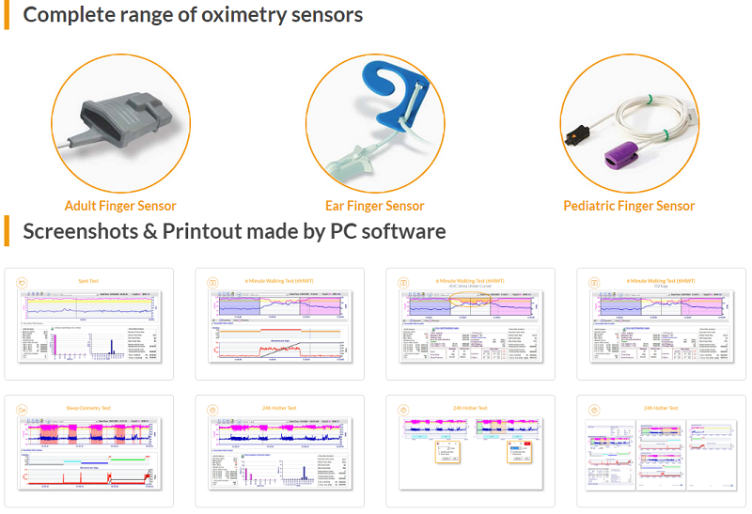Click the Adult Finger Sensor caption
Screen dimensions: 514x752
tap(120, 206)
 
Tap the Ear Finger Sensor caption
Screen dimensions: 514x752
tap(374, 206)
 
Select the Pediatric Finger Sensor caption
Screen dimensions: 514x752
tap(629, 206)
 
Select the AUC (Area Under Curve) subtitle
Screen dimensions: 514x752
tap(470, 287)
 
